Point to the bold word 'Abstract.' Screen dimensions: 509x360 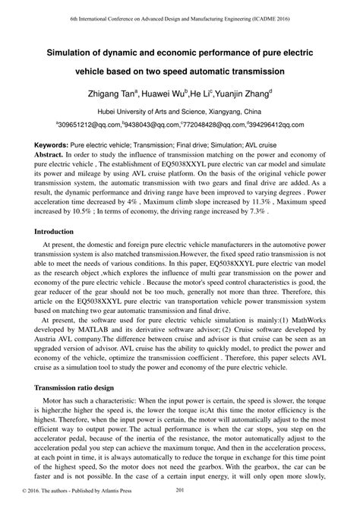pyautogui.click(x=42, y=153)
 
